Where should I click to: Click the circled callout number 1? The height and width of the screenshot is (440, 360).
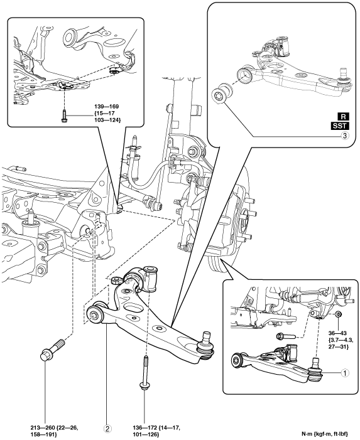coord(344,373)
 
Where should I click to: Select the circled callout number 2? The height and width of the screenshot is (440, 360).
coord(107,428)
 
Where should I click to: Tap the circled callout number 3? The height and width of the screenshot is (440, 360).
coord(344,136)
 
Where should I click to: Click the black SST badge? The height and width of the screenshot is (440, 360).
coord(340,126)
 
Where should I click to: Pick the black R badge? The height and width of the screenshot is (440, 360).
coord(343,117)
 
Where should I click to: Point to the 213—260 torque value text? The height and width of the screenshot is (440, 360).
coord(54,431)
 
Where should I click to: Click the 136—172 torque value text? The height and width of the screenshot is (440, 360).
coord(156,431)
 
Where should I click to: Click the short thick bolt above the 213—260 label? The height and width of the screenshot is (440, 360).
coord(52,350)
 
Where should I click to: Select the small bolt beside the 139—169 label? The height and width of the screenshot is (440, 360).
coord(64,116)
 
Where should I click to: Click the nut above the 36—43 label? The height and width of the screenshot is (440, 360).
coord(339,314)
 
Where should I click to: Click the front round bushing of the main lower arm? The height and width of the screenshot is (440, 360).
coord(95,314)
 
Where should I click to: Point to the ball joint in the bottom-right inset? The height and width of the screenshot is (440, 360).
coord(315,368)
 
